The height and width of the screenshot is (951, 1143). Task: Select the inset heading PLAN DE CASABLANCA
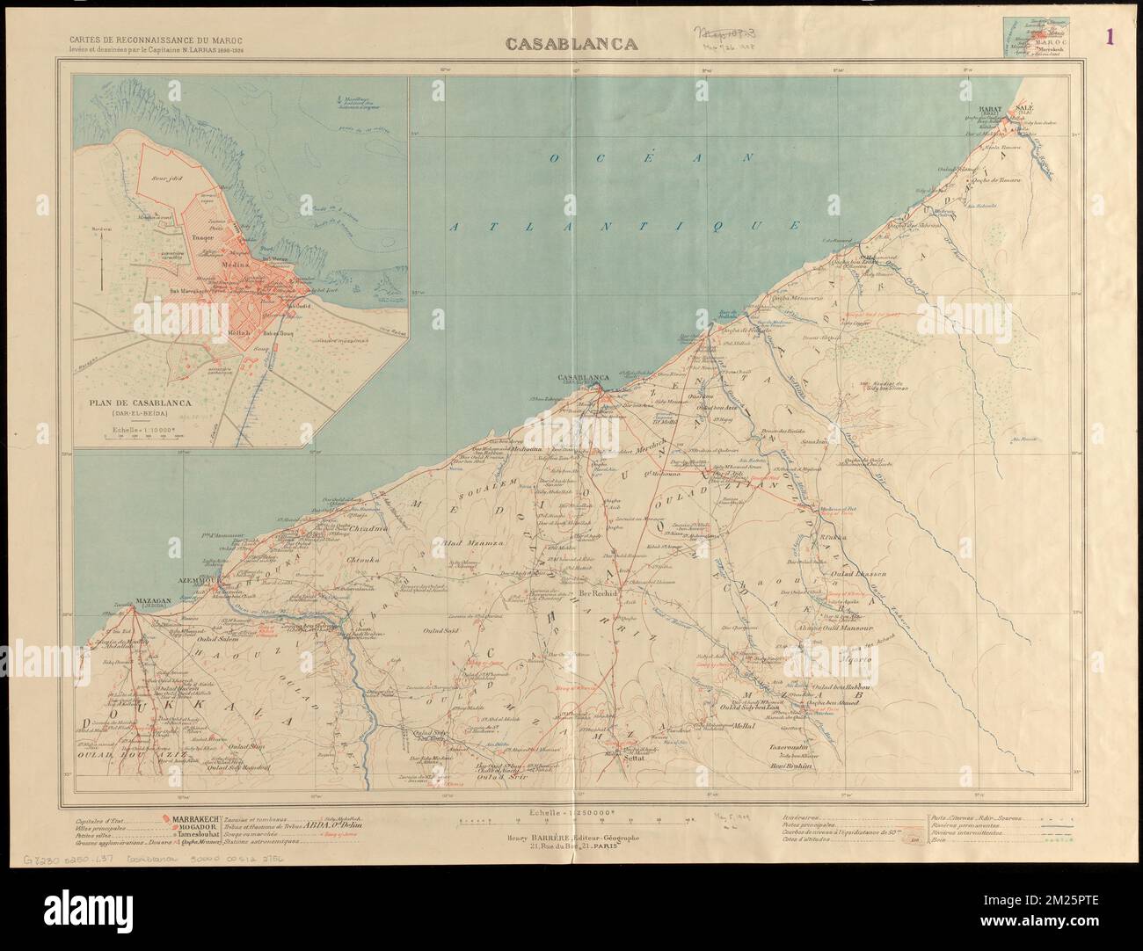click(x=141, y=403)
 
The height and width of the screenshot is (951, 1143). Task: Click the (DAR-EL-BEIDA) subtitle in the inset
click(x=141, y=415)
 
